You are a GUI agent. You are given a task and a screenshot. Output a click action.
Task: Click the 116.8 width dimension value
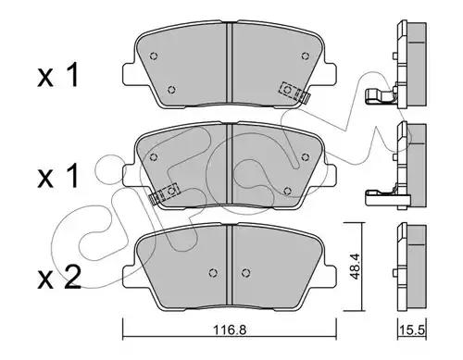coord(231,330)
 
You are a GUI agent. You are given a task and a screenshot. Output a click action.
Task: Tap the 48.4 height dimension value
coord(356,267)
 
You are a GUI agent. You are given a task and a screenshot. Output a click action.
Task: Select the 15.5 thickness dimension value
coord(411,330)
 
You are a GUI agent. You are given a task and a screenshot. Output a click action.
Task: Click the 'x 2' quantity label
coord(59,278)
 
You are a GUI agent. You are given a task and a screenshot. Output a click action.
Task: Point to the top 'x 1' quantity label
coord(58,75)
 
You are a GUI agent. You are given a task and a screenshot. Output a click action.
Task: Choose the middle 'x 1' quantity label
coord(58,176)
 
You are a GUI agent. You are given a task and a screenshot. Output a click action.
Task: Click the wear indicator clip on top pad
coord(294,93)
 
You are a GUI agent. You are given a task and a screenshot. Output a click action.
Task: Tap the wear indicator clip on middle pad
coord(164,194)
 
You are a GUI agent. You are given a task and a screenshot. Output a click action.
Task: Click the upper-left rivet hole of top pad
coord(154,56)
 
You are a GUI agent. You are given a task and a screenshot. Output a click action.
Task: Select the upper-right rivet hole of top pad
coord(305,56)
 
